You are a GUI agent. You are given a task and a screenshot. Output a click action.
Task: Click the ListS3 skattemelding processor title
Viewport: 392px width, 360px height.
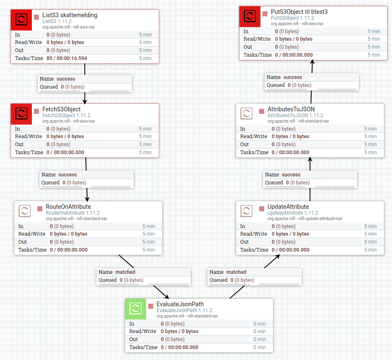point(70,15)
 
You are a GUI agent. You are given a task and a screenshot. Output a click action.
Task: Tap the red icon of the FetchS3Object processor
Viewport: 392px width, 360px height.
point(21,113)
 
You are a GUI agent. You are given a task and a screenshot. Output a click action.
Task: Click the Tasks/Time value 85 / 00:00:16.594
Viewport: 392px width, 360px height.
point(67,58)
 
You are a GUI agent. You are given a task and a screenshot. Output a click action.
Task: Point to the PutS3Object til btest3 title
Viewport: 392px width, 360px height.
point(299,12)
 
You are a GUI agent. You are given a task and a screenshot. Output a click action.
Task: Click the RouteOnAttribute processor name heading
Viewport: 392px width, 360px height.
point(68,207)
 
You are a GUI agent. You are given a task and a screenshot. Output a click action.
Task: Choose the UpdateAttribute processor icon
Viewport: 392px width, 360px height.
point(247,210)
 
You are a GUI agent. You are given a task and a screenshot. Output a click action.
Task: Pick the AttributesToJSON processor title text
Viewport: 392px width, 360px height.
point(291,109)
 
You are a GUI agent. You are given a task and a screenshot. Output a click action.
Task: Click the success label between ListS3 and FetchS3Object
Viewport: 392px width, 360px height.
point(66,79)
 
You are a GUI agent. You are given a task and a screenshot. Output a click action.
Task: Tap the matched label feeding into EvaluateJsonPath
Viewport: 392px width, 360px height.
point(125,272)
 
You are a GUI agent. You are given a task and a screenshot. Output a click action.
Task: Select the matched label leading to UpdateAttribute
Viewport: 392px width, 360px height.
point(236,272)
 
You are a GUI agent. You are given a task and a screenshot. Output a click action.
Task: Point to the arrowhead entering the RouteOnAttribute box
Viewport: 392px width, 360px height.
point(88,199)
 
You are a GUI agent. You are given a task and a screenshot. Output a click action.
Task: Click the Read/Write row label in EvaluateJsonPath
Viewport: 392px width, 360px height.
point(142,331)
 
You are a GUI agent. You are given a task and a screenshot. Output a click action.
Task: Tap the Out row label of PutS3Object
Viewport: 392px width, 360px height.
point(248,47)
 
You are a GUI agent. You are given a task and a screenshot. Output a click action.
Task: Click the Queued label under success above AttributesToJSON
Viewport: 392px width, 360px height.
point(274,183)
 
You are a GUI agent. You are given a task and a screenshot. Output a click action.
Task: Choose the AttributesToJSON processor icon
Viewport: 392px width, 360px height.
point(247,113)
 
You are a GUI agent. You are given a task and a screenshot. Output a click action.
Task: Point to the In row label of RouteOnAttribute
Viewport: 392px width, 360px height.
point(21,226)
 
